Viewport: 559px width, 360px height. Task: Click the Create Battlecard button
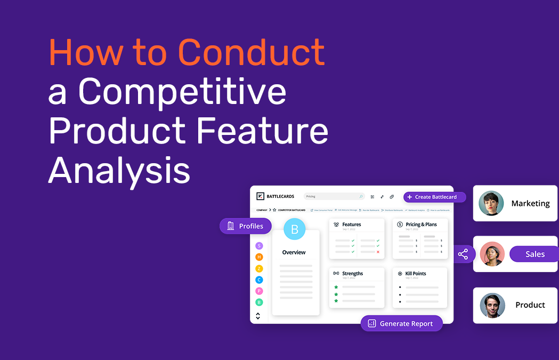[434, 197]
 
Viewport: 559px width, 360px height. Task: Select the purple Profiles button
[246, 226]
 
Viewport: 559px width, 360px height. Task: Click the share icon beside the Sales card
[463, 254]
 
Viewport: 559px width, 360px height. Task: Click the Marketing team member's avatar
[491, 203]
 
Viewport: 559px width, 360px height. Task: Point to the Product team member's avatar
[492, 305]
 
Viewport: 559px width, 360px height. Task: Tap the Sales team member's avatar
[492, 254]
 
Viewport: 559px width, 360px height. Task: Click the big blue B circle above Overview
[295, 229]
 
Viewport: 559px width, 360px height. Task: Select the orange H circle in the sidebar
[259, 257]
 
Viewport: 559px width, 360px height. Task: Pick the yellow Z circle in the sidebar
[259, 268]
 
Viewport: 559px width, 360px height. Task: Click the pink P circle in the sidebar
[259, 291]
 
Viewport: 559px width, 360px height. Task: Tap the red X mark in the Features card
[378, 252]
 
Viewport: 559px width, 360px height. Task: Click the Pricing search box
[334, 196]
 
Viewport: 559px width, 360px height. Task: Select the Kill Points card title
[415, 274]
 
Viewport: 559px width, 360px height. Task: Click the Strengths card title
[352, 274]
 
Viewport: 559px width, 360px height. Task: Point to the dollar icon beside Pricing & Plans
[400, 225]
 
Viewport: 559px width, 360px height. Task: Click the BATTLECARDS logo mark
[260, 196]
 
